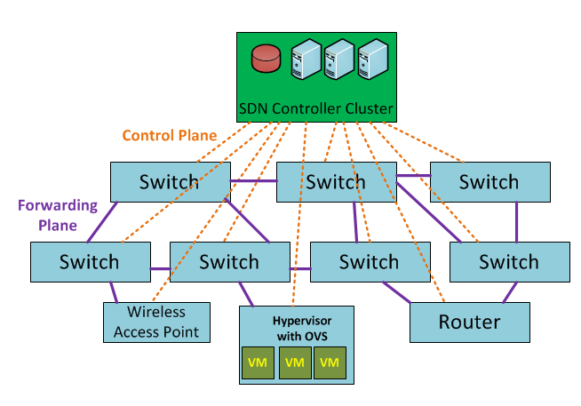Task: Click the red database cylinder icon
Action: (x=266, y=59)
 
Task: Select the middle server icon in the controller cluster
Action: (x=338, y=60)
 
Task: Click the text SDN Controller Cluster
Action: (x=315, y=110)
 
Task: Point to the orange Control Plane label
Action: (x=169, y=136)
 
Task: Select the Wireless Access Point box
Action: (x=156, y=322)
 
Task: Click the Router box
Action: (x=469, y=322)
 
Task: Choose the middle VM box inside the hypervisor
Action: (x=295, y=362)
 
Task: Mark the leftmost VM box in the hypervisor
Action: (x=259, y=362)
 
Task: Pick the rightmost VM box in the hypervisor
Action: (x=328, y=362)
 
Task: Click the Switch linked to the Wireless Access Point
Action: (x=89, y=262)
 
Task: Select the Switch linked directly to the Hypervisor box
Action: (x=229, y=262)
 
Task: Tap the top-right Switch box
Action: (x=489, y=182)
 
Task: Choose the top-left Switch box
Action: (x=169, y=182)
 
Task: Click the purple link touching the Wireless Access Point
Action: (x=114, y=293)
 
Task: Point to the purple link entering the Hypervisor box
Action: (x=246, y=295)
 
